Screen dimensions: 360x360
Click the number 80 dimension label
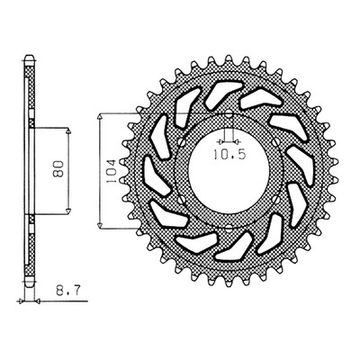coord(59,169)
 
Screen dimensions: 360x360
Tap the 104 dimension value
coord(111,171)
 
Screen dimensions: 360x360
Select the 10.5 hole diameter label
coord(229,155)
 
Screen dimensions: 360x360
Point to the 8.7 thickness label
coord(67,291)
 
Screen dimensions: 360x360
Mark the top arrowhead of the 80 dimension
coord(68,131)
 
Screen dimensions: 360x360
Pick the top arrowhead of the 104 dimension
coord(101,117)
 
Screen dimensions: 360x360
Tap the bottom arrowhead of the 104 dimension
coord(101,225)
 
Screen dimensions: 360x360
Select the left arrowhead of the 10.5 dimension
coord(221,141)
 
